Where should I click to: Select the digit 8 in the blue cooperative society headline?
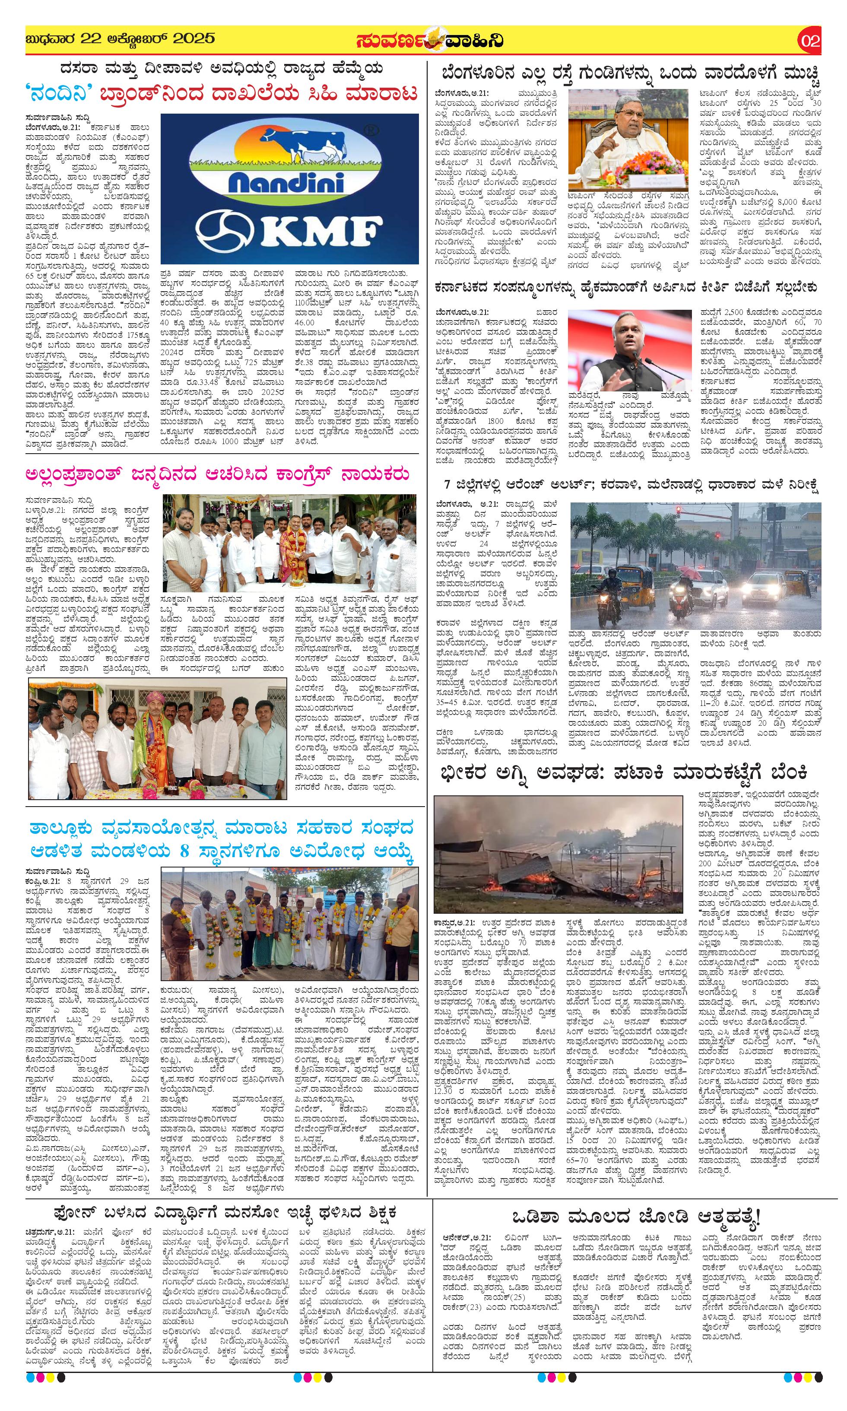[x=184, y=852]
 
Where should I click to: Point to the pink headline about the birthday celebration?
[x=217, y=474]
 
